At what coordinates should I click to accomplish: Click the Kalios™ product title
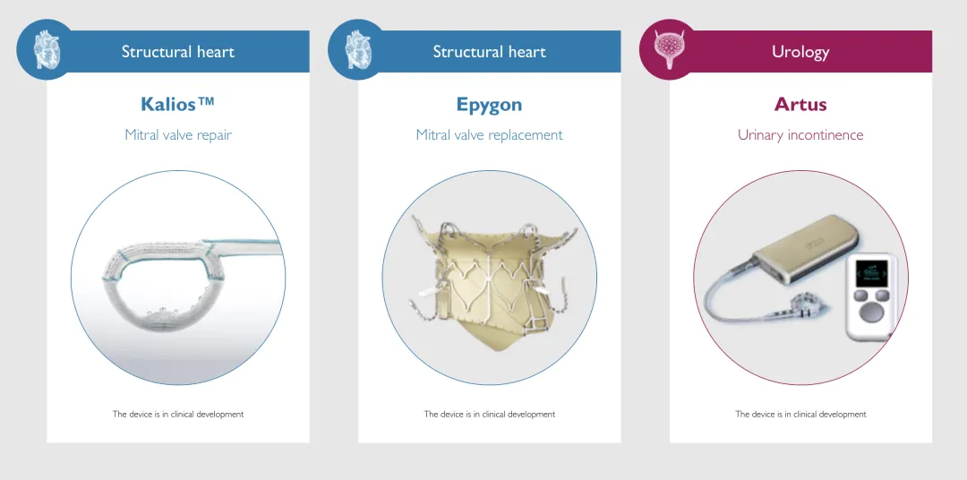[x=177, y=104]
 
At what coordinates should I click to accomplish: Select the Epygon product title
[x=489, y=105]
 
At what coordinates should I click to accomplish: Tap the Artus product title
[x=800, y=104]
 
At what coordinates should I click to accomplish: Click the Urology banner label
[x=800, y=52]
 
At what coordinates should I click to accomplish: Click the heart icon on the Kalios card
[x=47, y=49]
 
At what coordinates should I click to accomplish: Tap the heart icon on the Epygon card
[x=358, y=49]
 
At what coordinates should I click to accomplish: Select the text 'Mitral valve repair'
[x=177, y=134]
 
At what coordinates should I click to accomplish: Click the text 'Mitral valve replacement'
[x=489, y=134]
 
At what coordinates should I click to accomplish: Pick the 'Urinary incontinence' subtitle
[x=800, y=134]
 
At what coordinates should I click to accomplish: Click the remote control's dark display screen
[x=871, y=271]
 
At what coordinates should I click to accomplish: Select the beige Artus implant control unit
[x=805, y=251]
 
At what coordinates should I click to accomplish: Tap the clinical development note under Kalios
[x=177, y=414]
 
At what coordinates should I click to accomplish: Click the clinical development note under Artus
[x=800, y=414]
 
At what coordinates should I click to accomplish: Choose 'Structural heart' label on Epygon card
[x=489, y=52]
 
